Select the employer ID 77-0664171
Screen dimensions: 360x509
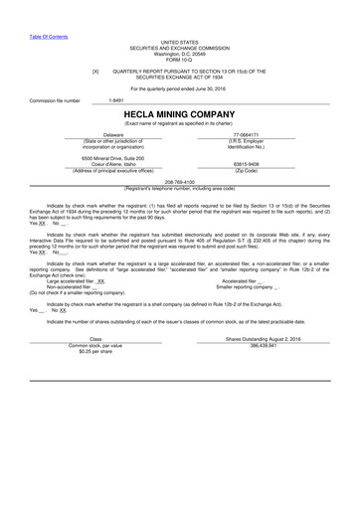[x=246, y=134]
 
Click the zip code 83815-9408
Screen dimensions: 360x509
[x=246, y=164]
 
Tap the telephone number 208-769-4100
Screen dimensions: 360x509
[x=179, y=182]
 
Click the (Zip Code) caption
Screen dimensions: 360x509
[x=246, y=170]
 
